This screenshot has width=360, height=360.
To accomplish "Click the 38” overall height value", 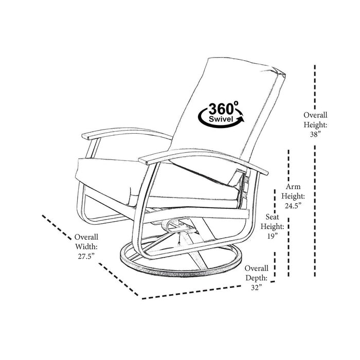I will point(315,134).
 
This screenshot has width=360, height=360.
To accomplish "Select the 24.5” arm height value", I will point(291,205).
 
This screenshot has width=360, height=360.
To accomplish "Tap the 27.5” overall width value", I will point(86,256).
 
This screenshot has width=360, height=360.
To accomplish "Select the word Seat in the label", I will point(273,217).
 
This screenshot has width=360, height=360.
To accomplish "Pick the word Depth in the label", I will point(257,278).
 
